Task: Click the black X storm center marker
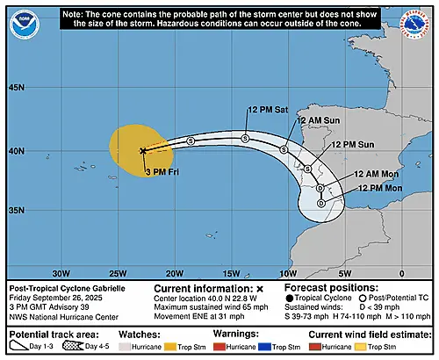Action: click(143, 151)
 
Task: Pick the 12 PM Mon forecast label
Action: click(379, 189)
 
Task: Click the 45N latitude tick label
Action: click(17, 89)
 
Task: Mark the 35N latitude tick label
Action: click(17, 211)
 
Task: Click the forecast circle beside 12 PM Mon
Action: click(321, 203)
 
